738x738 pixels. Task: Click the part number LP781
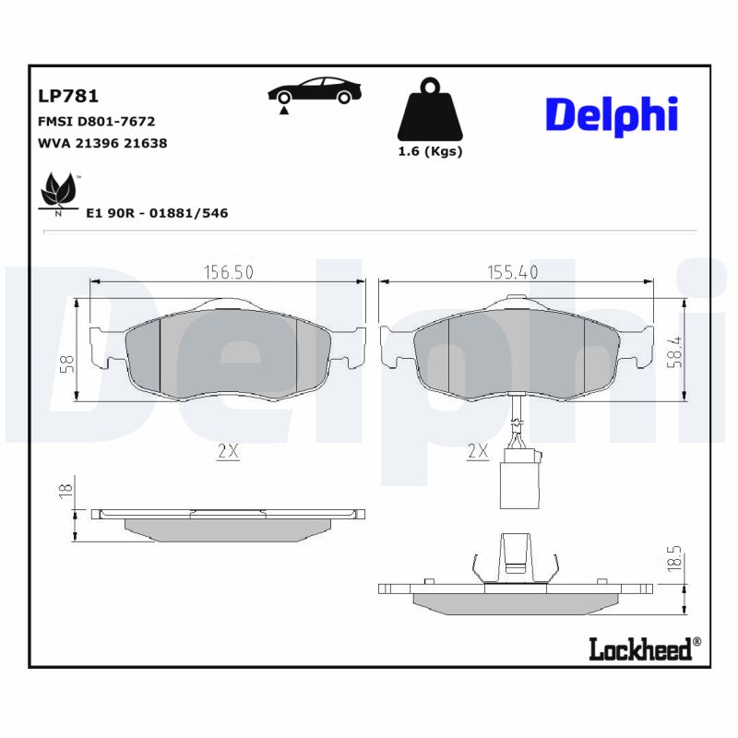point(68,95)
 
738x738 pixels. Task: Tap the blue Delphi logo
point(612,116)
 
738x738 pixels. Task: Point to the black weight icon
point(429,113)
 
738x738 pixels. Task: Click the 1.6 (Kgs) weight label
point(430,151)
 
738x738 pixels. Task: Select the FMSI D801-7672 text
point(96,121)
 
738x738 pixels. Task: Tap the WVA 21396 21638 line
point(101,143)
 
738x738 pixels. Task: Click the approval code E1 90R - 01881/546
point(156,213)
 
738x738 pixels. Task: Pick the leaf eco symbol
point(59,192)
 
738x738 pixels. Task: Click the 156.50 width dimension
point(227,272)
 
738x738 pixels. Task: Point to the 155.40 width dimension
point(512,272)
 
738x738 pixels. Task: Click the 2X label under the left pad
point(227,452)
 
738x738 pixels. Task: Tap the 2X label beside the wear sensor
point(477,452)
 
